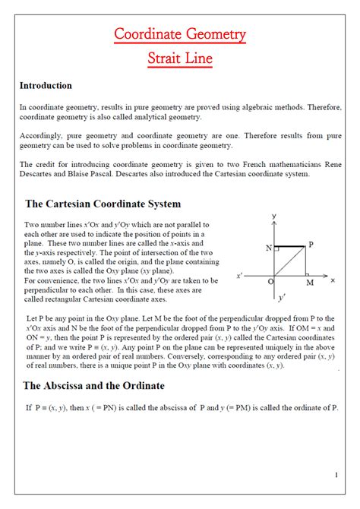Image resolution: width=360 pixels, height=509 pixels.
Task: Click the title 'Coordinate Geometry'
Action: pos(180,34)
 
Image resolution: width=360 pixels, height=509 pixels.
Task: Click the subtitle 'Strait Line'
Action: pos(180,58)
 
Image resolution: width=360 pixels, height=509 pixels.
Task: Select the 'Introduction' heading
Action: pos(46,86)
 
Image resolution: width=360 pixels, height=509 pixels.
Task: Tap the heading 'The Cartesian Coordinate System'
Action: pos(103,204)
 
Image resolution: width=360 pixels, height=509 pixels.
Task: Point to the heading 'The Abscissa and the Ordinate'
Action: pos(94,386)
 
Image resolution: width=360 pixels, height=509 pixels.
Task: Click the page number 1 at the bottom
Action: pos(336,476)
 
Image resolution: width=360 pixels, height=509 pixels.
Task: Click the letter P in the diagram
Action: pos(310,245)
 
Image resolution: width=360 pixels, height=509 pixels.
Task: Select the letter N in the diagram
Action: pos(269,248)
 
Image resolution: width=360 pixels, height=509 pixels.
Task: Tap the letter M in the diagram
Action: pos(309,283)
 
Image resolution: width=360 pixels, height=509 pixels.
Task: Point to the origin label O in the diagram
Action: pos(270,282)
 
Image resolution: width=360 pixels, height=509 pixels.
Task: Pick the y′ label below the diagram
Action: pos(282,297)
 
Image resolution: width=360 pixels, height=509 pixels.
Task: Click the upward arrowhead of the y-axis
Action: pos(273,222)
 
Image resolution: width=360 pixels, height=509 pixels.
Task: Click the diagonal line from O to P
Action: pos(289,261)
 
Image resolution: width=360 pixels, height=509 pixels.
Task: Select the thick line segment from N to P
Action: pos(290,246)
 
